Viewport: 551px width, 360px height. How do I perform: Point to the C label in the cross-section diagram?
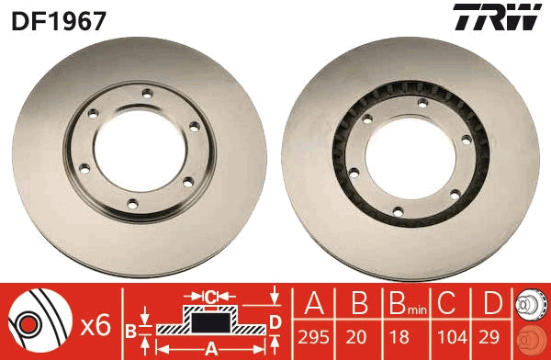pyautogui.click(x=210, y=295)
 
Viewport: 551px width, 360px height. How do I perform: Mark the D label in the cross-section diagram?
pyautogui.click(x=274, y=320)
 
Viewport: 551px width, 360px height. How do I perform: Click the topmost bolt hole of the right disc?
pyautogui.click(x=420, y=102)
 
